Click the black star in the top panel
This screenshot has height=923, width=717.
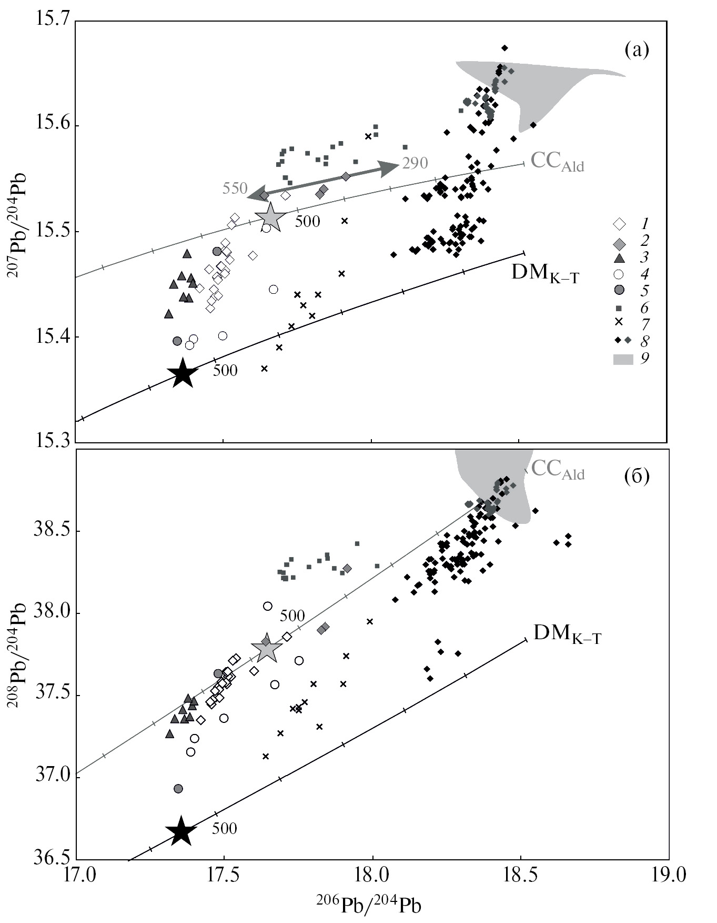tap(182, 373)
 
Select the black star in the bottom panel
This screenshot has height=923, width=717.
tap(181, 832)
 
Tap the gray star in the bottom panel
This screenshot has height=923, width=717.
tap(267, 649)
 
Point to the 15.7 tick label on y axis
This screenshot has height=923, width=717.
tap(52, 21)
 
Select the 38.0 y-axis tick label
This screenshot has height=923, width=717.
tap(52, 613)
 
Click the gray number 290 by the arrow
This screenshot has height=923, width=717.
tap(415, 163)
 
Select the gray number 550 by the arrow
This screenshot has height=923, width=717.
tap(235, 188)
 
